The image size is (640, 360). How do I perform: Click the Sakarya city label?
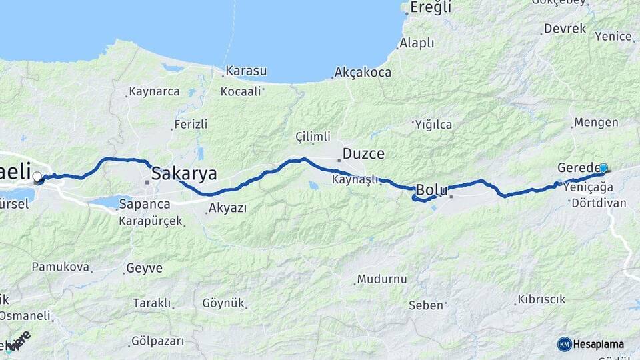click(184, 174)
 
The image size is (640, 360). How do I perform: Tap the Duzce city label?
click(363, 154)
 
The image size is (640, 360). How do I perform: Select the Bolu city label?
click(431, 189)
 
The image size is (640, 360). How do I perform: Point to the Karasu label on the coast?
click(246, 71)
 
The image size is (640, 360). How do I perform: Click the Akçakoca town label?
click(363, 72)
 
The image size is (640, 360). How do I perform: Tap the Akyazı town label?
click(227, 208)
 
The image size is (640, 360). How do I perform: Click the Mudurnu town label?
click(381, 279)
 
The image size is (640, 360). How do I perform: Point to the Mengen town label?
click(596, 123)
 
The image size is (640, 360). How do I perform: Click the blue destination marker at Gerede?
click(603, 169)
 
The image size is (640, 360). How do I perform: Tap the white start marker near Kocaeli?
click(37, 177)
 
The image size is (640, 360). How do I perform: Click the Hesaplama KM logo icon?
click(564, 344)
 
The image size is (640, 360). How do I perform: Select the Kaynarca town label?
click(154, 91)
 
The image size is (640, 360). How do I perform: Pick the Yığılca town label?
click(433, 125)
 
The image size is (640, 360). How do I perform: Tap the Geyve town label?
click(143, 268)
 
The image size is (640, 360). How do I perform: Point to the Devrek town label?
click(565, 29)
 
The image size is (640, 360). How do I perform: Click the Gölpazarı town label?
click(157, 341)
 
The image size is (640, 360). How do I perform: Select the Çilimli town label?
click(313, 137)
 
